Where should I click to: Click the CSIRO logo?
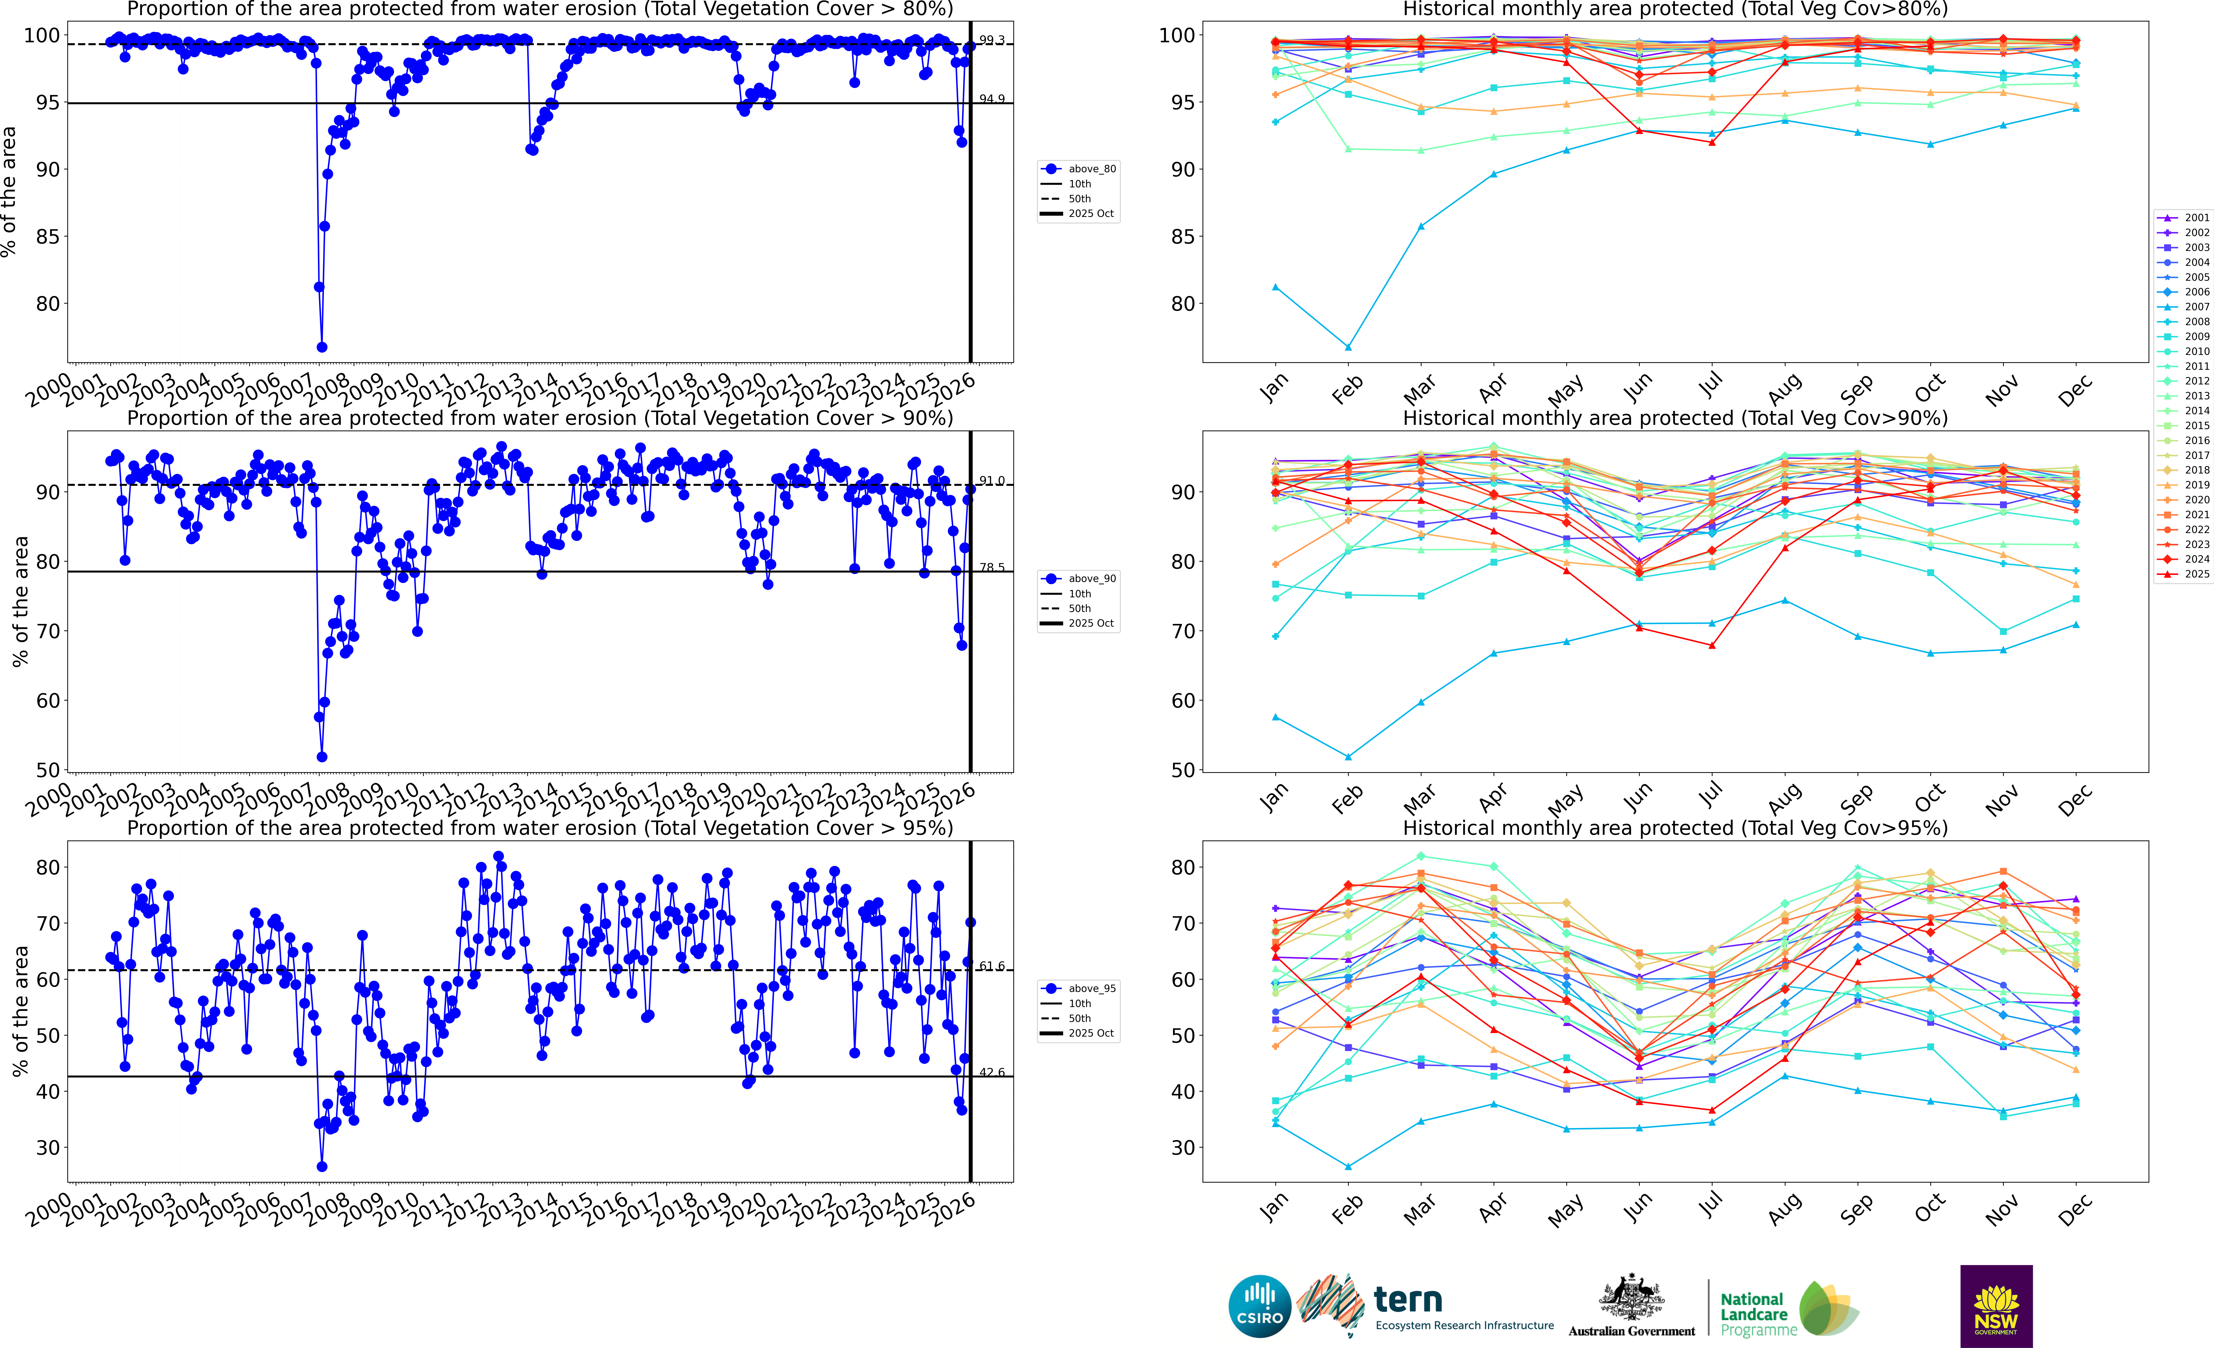pyautogui.click(x=1260, y=1306)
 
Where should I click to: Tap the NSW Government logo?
pyautogui.click(x=1996, y=1306)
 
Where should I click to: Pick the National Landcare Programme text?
pyautogui.click(x=1758, y=1314)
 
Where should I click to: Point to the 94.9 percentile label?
pyautogui.click(x=992, y=99)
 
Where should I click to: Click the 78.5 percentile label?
pyautogui.click(x=992, y=567)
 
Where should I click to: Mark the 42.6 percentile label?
pyautogui.click(x=992, y=1072)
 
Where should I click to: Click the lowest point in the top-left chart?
pyautogui.click(x=322, y=347)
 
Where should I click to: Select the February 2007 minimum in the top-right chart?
pyautogui.click(x=1348, y=347)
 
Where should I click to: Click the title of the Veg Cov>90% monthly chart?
pyautogui.click(x=1675, y=418)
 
